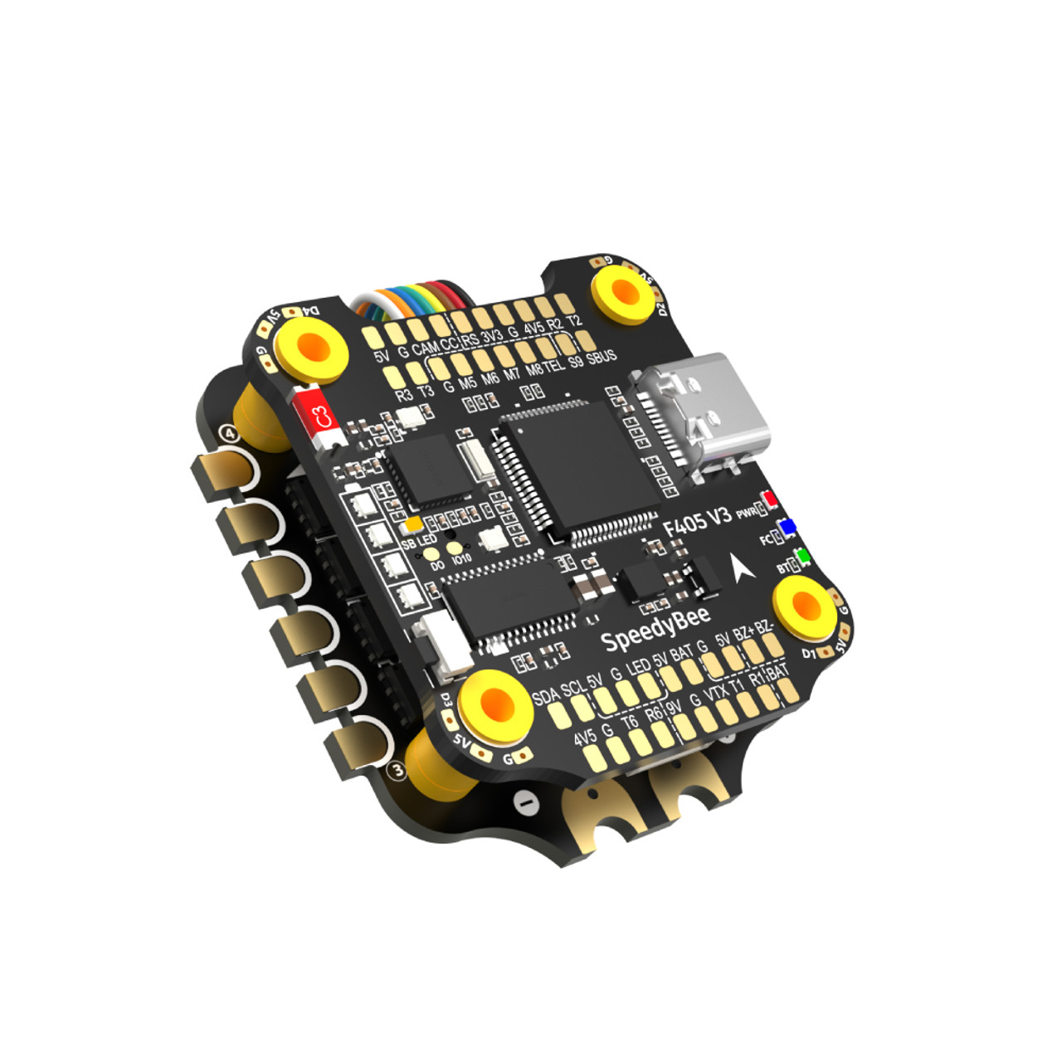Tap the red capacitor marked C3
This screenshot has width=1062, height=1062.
320,418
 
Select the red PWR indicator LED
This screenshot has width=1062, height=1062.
771,500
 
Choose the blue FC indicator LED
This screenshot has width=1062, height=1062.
786,528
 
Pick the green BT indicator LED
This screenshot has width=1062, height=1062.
801,556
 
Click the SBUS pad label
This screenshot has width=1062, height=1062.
602,358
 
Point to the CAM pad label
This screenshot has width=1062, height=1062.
426,348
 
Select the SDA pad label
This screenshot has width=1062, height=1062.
545,696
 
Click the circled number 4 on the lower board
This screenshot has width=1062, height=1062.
229,434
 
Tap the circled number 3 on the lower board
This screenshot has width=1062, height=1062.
397,771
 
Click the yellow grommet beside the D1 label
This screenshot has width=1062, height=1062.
803,608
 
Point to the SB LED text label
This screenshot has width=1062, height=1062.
419,542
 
